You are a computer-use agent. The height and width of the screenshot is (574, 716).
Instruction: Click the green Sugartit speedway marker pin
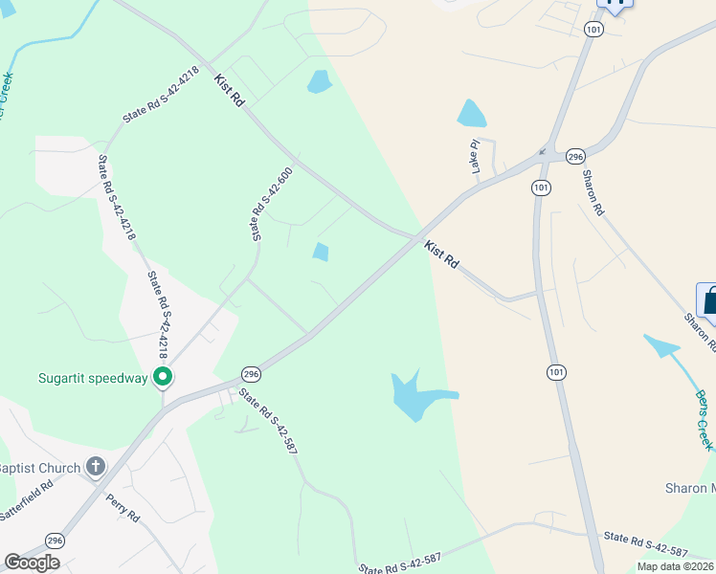tap(163, 378)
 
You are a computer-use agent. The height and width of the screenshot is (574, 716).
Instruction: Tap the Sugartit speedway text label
tap(94, 378)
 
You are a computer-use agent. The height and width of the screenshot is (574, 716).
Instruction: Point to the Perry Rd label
tap(123, 506)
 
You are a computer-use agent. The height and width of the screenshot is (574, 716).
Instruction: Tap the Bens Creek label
tap(704, 420)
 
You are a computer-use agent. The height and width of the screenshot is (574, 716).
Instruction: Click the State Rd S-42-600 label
tap(271, 204)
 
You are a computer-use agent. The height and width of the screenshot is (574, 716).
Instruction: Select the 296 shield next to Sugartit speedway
tap(251, 373)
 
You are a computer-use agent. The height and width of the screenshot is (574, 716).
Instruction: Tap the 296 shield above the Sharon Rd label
tap(574, 156)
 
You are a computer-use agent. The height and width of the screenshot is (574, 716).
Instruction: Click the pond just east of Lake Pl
tap(471, 114)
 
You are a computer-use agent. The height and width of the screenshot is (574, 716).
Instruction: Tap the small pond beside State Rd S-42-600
tap(320, 252)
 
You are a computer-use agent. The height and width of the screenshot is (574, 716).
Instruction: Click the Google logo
tap(32, 563)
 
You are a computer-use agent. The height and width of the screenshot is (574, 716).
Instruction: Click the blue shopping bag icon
tap(709, 300)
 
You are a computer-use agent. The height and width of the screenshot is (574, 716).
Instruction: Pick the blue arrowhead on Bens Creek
tap(653, 340)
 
